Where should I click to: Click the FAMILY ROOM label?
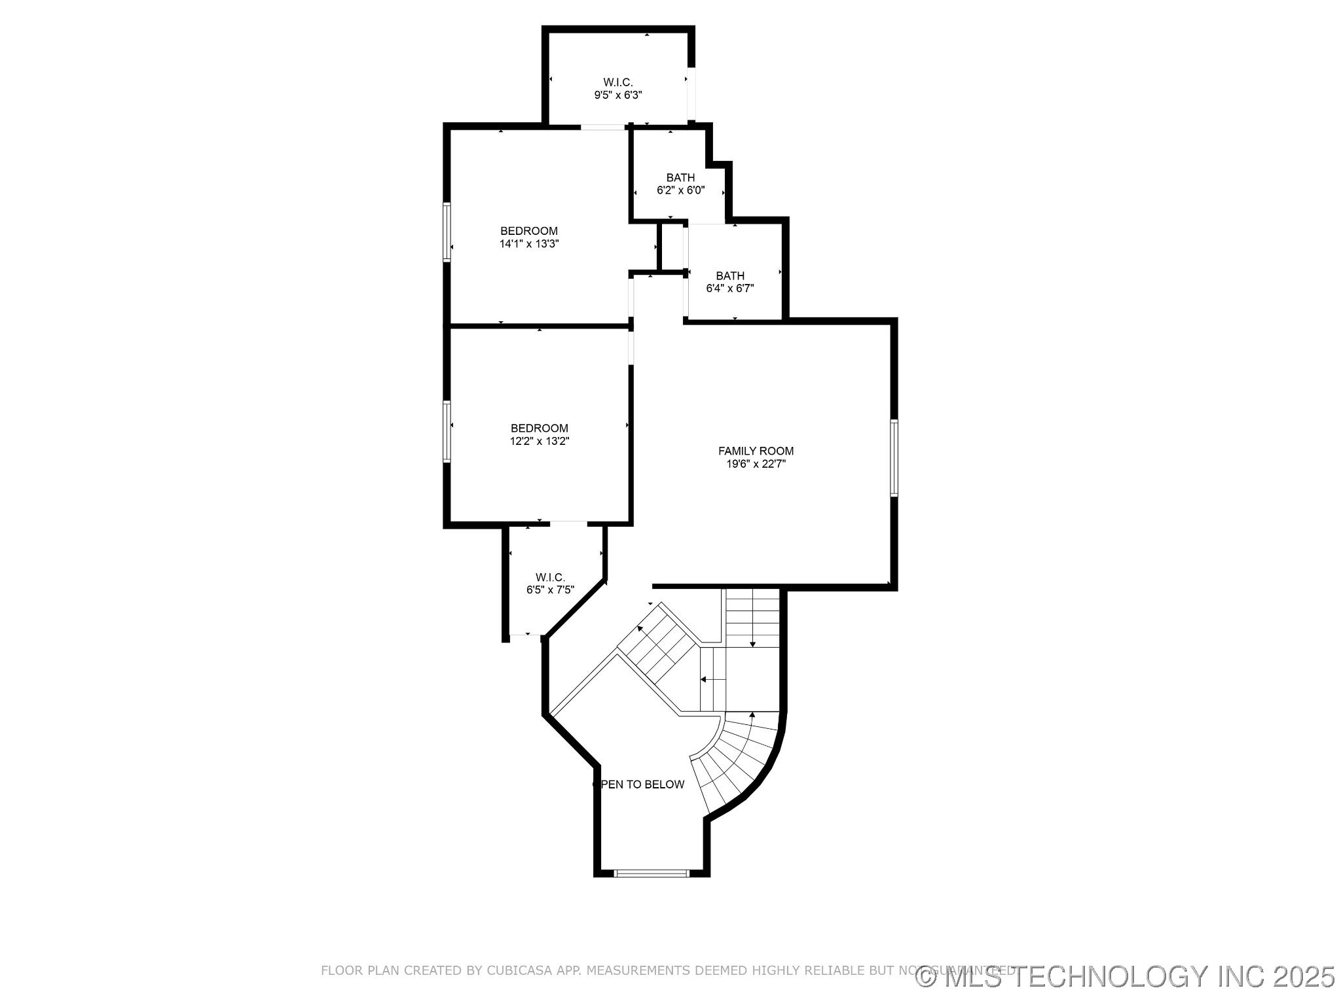pos(756,451)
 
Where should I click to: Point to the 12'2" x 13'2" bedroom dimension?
pos(539,442)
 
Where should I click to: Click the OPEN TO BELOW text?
pos(640,785)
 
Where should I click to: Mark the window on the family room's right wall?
pos(894,458)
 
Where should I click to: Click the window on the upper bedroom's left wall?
pos(447,232)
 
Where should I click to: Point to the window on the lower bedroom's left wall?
pos(447,432)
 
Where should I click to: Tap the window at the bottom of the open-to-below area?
pos(652,872)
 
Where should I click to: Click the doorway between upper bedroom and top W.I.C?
pos(602,127)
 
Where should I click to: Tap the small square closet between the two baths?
pos(670,247)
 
